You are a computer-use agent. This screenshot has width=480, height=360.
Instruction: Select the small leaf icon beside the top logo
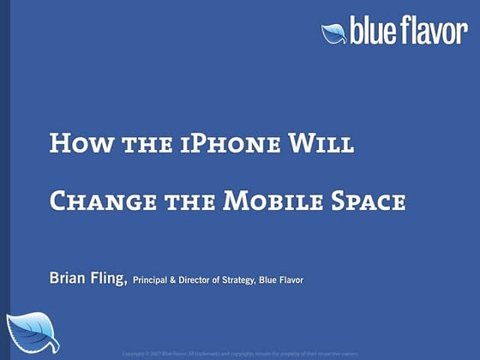click(x=333, y=33)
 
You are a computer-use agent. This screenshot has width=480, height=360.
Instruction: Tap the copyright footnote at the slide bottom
click(x=239, y=352)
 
